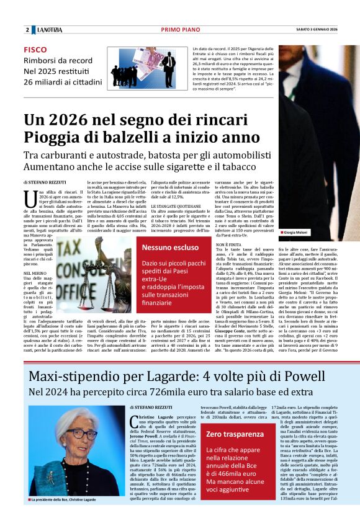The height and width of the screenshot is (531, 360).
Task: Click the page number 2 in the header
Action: coord(27,30)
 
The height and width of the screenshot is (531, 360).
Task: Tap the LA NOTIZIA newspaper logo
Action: coord(49,30)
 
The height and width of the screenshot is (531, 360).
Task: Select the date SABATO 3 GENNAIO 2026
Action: coord(316,30)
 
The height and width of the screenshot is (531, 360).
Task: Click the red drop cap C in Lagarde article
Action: coord(134,423)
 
